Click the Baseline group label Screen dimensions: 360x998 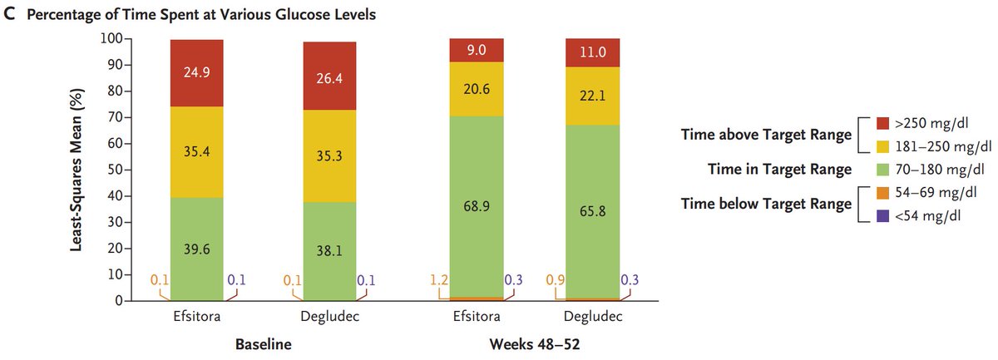tap(264, 343)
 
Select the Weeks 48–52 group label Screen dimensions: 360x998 tap(534, 343)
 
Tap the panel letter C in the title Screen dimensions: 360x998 tap(10, 14)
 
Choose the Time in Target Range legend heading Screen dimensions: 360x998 tap(766, 170)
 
